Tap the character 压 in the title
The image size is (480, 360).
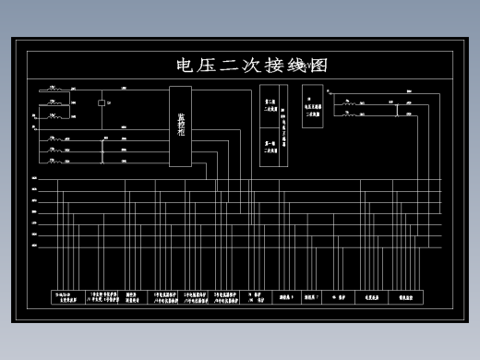208,66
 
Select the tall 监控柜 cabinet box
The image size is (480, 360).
180,126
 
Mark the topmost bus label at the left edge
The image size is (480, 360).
34,178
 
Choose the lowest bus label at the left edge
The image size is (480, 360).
34,247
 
